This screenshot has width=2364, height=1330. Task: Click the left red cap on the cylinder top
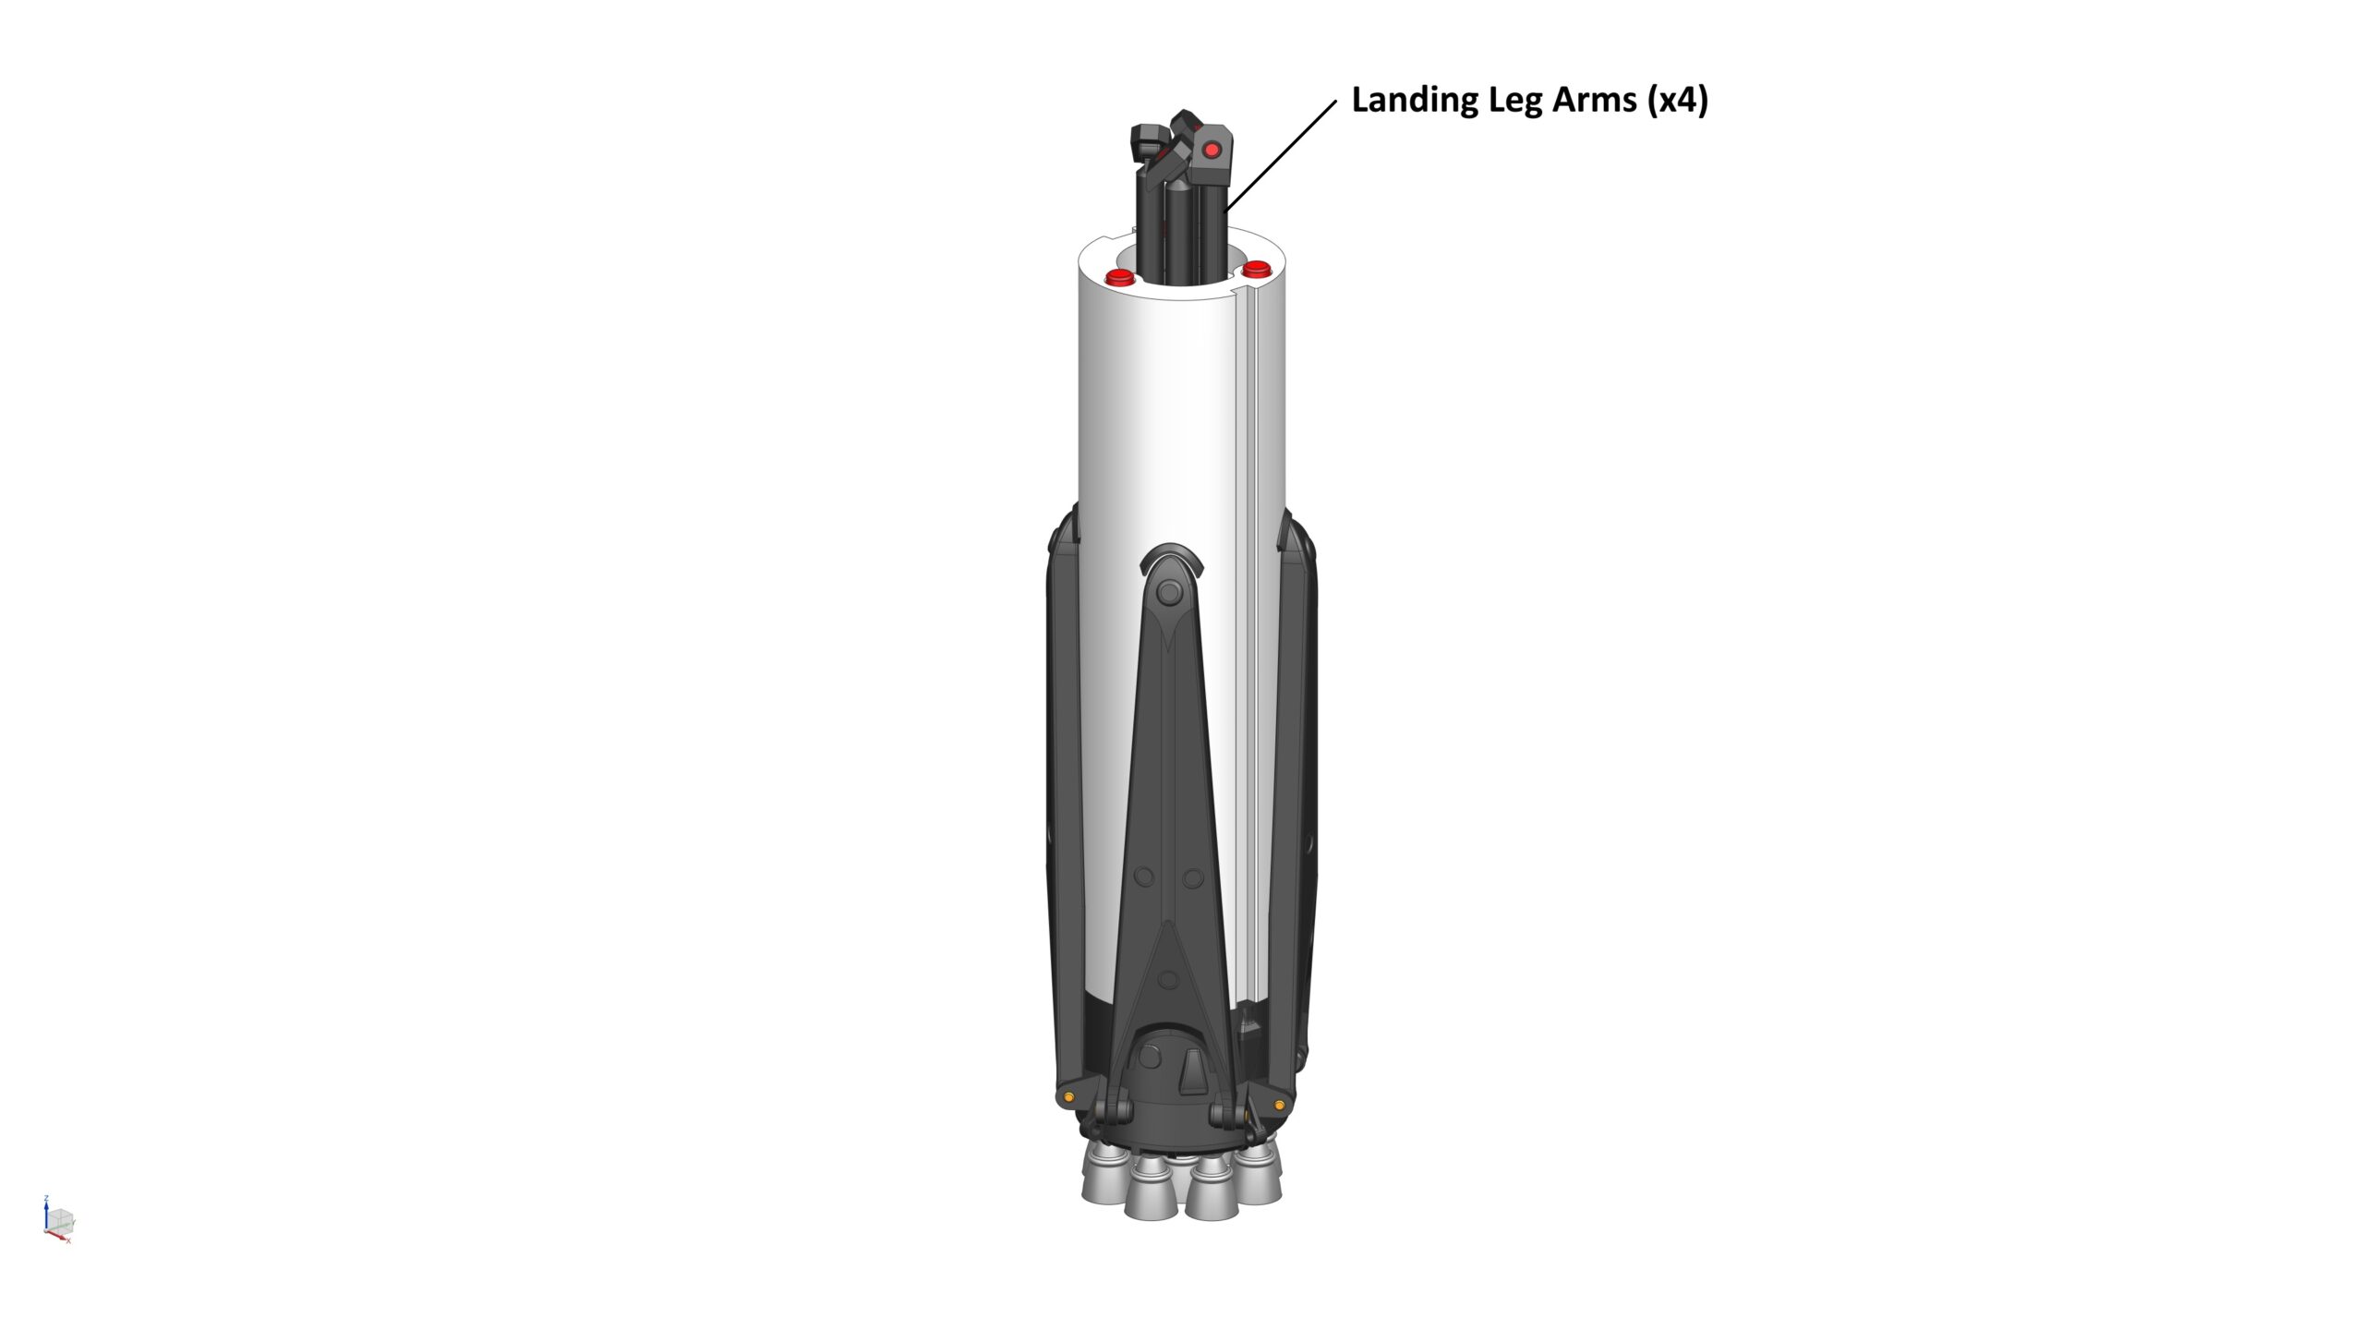[x=1120, y=277]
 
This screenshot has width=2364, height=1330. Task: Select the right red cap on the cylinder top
[x=1256, y=269]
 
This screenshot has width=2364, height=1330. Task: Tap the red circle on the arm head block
[x=1212, y=150]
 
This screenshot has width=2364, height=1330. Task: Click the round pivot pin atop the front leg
[x=1169, y=592]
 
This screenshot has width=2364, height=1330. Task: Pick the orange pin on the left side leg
[x=1068, y=1096]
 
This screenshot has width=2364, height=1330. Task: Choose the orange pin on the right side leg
[x=1279, y=1105]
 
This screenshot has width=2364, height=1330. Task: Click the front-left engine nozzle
[x=1150, y=1197]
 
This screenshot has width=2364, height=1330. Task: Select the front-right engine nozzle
[x=1212, y=1199]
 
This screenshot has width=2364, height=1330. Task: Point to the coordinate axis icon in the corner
[x=58, y=1220]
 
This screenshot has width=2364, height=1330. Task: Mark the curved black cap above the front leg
[x=1171, y=558]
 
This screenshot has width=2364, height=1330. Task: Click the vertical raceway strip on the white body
[x=1247, y=647]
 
